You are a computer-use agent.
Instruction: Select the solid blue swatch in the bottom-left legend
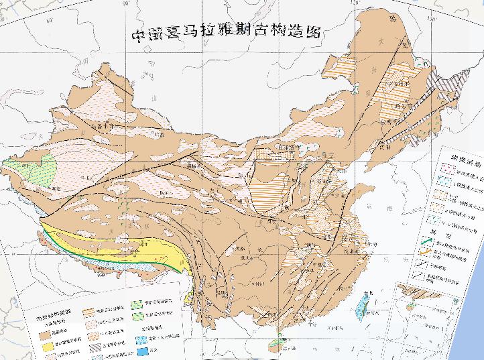pos(143,350)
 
